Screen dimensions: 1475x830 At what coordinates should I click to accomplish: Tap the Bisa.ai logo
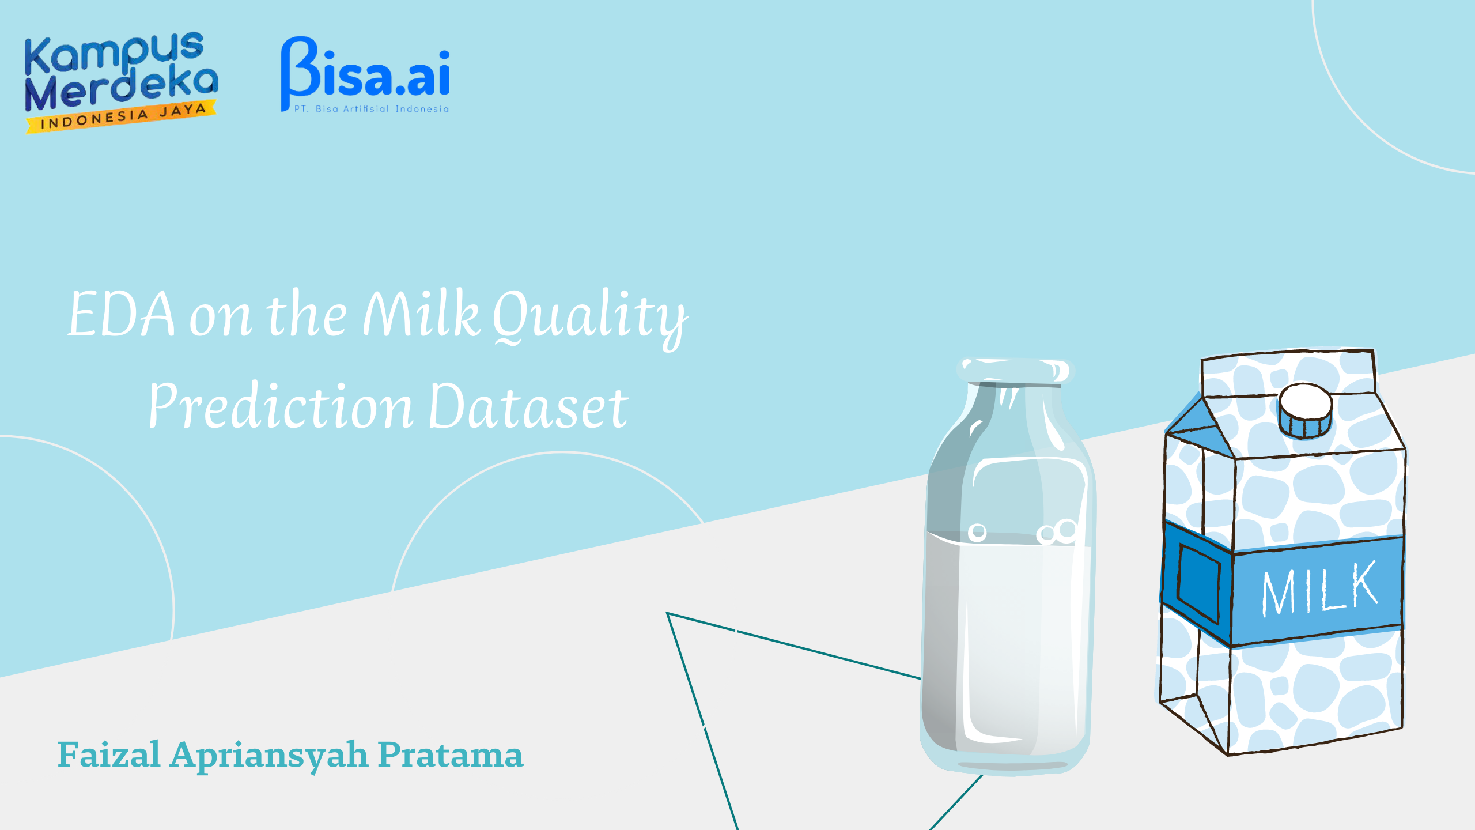[365, 74]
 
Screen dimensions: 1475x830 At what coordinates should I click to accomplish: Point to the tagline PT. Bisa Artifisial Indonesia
[371, 109]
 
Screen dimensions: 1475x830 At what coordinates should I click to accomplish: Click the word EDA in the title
[121, 314]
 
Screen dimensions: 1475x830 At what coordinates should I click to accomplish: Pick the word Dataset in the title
[528, 406]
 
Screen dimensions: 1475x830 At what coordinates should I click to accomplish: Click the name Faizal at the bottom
[109, 754]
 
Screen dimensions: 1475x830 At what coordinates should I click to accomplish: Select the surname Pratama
[451, 754]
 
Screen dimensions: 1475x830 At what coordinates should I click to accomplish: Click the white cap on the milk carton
[1306, 409]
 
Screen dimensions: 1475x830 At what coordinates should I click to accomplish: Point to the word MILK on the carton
[1319, 588]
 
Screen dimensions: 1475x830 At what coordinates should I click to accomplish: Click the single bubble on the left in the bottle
[977, 533]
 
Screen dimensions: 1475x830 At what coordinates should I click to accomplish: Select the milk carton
[1283, 552]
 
